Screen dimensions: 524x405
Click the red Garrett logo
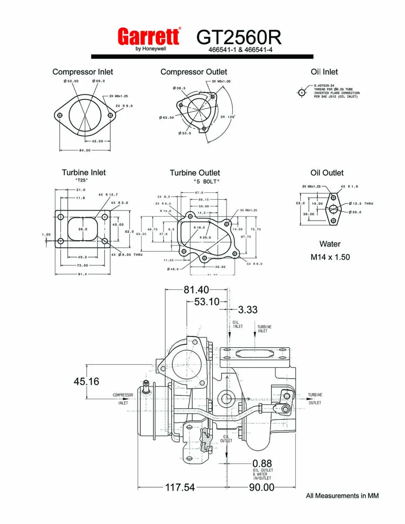click(149, 36)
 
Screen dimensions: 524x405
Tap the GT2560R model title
click(239, 37)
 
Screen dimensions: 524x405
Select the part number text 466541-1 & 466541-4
click(240, 50)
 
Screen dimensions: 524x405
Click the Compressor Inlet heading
click(82, 72)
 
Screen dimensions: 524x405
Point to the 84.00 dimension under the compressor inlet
click(85, 150)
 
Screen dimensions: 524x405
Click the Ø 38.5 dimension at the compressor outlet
click(179, 88)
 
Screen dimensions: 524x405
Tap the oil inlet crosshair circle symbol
click(302, 92)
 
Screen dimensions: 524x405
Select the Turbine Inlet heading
click(84, 172)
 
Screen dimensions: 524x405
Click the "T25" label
click(81, 180)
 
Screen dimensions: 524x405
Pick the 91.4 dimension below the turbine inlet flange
click(82, 274)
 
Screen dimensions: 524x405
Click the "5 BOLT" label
click(207, 182)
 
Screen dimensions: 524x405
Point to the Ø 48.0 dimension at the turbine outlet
click(173, 269)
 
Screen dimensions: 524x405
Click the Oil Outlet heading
click(327, 173)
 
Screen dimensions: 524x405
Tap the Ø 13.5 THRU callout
click(361, 203)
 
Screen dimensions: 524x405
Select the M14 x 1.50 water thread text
click(330, 257)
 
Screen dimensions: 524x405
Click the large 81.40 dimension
click(196, 290)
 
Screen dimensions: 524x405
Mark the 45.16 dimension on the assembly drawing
click(87, 381)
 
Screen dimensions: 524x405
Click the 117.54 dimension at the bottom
click(180, 487)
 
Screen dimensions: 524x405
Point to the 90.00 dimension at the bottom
click(261, 487)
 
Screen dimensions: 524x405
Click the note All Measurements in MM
click(342, 496)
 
